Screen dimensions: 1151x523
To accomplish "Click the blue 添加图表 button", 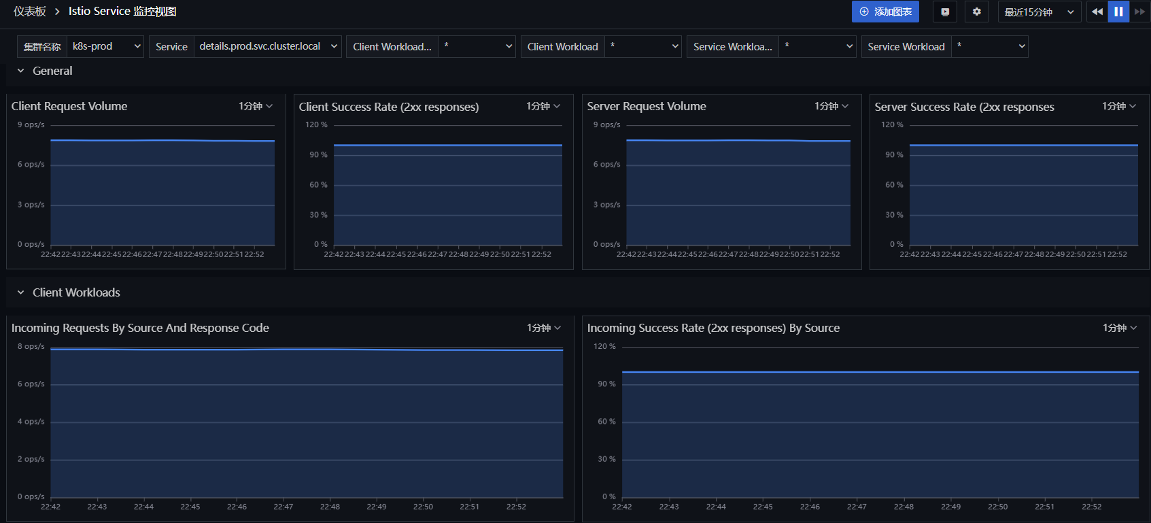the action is pyautogui.click(x=884, y=12).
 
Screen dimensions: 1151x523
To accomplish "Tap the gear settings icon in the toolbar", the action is pyautogui.click(x=976, y=12).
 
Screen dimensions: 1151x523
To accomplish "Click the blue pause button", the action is pyautogui.click(x=1118, y=12).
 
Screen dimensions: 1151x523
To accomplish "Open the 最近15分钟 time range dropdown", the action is pyautogui.click(x=1039, y=12).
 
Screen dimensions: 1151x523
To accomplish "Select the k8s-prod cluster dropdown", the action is pyautogui.click(x=105, y=46).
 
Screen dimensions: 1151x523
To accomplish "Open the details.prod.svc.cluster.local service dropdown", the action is pyautogui.click(x=267, y=46).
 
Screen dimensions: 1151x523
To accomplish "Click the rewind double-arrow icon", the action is pyautogui.click(x=1097, y=12).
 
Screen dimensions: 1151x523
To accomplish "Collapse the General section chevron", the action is pyautogui.click(x=20, y=71).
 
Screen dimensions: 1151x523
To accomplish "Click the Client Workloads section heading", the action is pyautogui.click(x=76, y=292).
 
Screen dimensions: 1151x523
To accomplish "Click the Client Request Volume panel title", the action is pyautogui.click(x=69, y=106).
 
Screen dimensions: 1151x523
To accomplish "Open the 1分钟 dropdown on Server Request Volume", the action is pyautogui.click(x=831, y=106).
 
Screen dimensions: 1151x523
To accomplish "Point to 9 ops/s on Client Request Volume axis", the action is pyautogui.click(x=31, y=124).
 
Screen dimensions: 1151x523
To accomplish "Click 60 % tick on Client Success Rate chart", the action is pyautogui.click(x=318, y=184).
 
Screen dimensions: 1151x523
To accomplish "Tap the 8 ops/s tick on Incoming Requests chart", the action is pyautogui.click(x=31, y=346).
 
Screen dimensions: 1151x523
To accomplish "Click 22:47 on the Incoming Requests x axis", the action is pyautogui.click(x=283, y=507).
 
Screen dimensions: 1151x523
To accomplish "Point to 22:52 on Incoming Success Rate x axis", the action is pyautogui.click(x=1091, y=507).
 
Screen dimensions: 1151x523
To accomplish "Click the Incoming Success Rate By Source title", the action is pyautogui.click(x=713, y=328).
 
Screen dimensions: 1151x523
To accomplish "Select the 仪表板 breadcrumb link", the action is pyautogui.click(x=30, y=12).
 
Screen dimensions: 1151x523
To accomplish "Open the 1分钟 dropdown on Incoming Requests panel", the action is pyautogui.click(x=544, y=328).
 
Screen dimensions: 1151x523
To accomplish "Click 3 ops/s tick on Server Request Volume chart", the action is pyautogui.click(x=607, y=204).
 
